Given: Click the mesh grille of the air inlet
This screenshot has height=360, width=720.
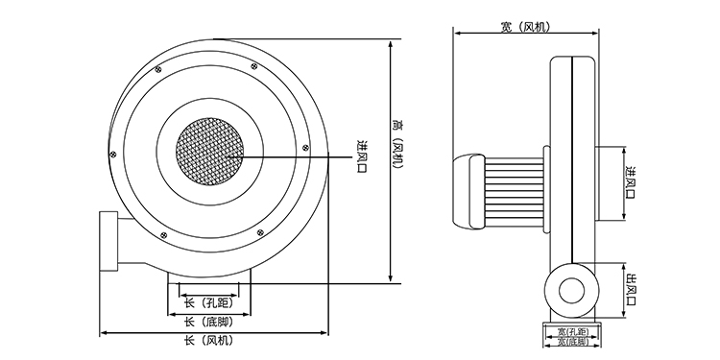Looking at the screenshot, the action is pyautogui.click(x=209, y=151).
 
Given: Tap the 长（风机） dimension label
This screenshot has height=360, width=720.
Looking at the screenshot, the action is pyautogui.click(x=209, y=340).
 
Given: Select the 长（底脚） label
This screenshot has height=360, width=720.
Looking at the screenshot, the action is pyautogui.click(x=209, y=322).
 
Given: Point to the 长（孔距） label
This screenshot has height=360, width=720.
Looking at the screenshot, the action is pyautogui.click(x=209, y=303).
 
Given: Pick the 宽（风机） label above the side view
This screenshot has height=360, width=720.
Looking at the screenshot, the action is pyautogui.click(x=525, y=27).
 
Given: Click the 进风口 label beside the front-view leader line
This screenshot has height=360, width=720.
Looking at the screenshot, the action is pyautogui.click(x=362, y=156).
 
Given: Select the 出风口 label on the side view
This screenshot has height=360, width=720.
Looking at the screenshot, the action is pyautogui.click(x=632, y=290).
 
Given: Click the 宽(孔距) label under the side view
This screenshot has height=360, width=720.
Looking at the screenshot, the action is pyautogui.click(x=572, y=331).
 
